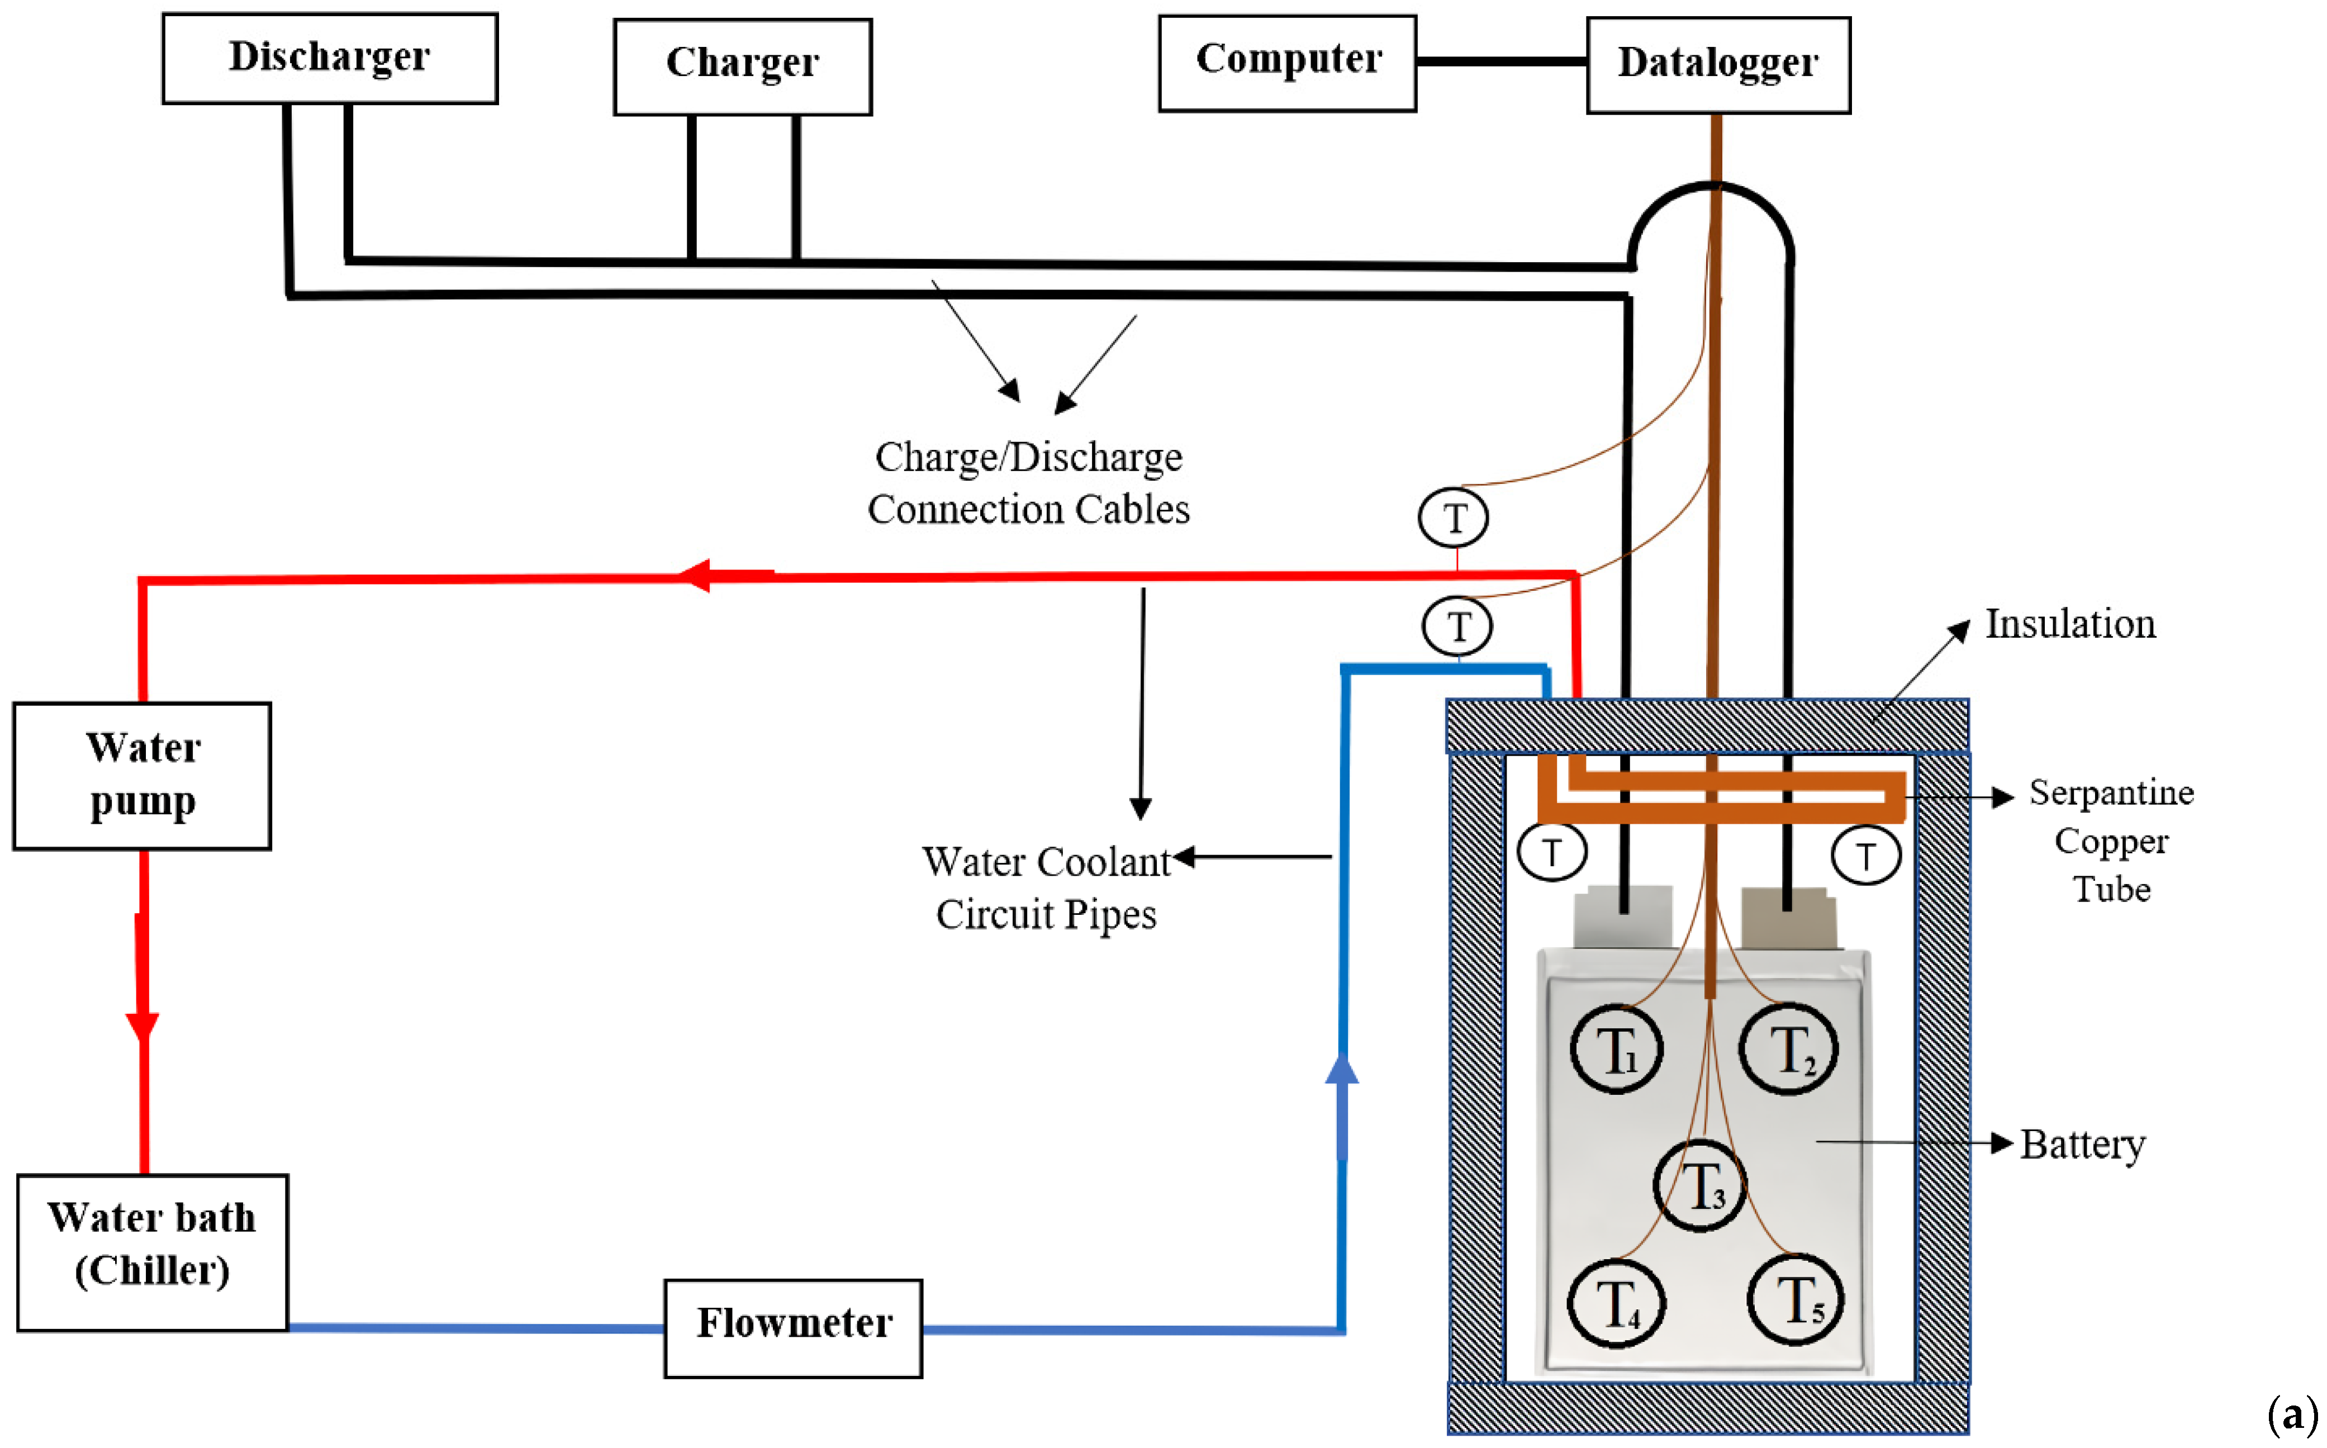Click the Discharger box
[329, 58]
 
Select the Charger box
[742, 66]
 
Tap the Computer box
[1287, 62]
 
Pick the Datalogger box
[1718, 64]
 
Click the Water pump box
[142, 775]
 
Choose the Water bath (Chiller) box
[152, 1252]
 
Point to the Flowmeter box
[793, 1327]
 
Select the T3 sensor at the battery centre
[1701, 1185]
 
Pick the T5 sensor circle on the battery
[1797, 1299]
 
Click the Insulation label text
[2070, 624]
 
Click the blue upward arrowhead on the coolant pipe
[1342, 1070]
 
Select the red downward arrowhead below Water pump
[143, 1027]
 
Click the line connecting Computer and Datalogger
[1500, 61]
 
